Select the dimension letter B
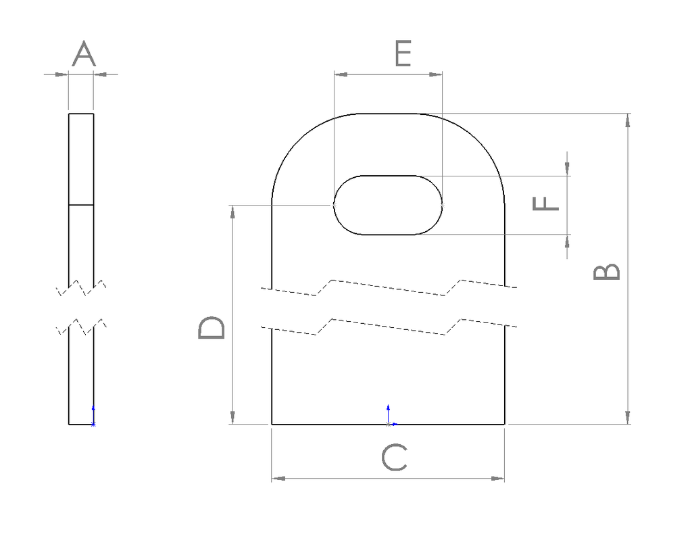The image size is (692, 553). tap(606, 271)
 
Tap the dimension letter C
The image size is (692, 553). tap(394, 458)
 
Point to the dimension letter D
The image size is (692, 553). tap(212, 328)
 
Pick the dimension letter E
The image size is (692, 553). tap(403, 54)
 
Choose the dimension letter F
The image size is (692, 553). tap(546, 203)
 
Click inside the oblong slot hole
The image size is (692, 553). tap(388, 205)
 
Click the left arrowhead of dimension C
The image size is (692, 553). tap(278, 479)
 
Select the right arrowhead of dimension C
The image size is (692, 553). tap(498, 479)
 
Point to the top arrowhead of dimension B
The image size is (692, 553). tap(628, 120)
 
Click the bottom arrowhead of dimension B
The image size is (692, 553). tap(628, 417)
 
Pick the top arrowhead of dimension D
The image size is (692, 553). tap(232, 212)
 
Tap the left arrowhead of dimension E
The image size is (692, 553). tap(340, 74)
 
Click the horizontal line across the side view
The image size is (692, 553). tap(81, 204)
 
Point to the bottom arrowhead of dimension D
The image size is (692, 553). tap(232, 417)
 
